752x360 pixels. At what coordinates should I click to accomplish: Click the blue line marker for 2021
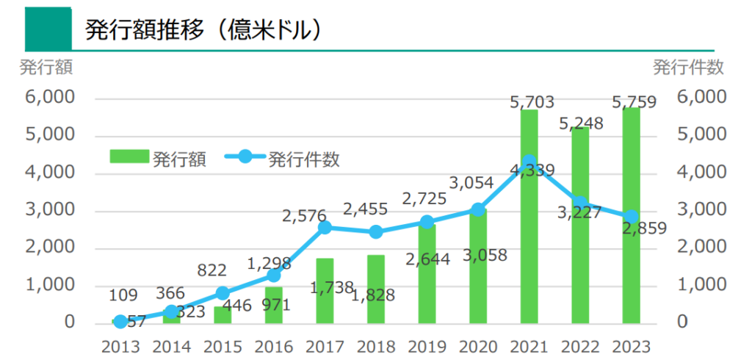point(529,161)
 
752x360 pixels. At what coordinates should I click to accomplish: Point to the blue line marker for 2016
point(274,276)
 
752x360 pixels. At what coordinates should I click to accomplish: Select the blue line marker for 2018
point(376,232)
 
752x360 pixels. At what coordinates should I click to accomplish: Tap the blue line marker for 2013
point(120,322)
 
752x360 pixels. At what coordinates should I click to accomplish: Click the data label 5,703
point(532,102)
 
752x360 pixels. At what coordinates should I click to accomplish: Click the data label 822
point(213,270)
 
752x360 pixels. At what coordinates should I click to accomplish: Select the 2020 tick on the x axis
point(478,345)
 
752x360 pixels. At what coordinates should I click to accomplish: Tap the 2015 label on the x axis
point(223,345)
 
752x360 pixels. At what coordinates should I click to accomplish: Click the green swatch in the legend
point(130,156)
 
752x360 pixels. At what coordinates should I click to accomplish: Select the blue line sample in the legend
point(245,156)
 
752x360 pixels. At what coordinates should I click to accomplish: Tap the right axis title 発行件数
point(688,68)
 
